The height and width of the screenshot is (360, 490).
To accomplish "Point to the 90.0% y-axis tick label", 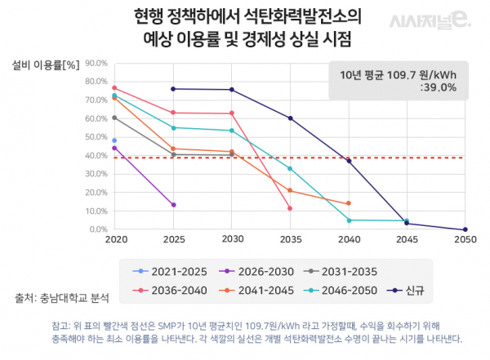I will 96,62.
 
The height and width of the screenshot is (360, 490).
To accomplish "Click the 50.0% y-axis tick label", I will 96,136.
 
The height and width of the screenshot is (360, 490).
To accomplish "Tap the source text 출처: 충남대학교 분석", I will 61,296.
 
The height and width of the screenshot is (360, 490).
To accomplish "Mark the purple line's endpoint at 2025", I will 173,205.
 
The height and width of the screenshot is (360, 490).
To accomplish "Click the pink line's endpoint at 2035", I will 290,208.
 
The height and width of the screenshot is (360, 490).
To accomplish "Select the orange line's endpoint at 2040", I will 349,203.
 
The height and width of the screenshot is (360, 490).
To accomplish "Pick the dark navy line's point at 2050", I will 465,229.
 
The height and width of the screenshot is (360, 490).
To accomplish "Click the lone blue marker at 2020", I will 114,140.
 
